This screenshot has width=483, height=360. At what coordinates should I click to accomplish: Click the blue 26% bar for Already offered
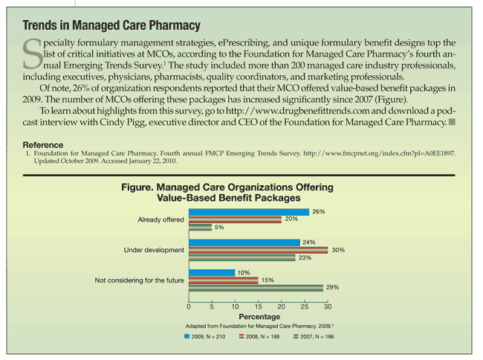pyautogui.click(x=249, y=211)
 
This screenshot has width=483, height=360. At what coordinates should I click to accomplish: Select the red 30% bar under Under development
pyautogui.click(x=259, y=250)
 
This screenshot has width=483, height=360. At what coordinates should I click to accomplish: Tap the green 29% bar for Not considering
pyautogui.click(x=256, y=287)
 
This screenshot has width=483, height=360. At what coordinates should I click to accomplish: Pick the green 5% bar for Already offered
pyautogui.click(x=201, y=227)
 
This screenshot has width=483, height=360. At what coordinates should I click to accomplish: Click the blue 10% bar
pyautogui.click(x=212, y=272)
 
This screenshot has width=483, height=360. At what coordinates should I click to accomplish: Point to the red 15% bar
pyautogui.click(x=224, y=280)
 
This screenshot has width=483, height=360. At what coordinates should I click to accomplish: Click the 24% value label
pyautogui.click(x=310, y=242)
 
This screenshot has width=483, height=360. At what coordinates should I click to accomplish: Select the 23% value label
pyautogui.click(x=305, y=257)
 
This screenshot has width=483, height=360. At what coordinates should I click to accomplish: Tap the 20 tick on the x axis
pyautogui.click(x=282, y=306)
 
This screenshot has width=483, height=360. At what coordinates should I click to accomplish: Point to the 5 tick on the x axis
pyautogui.click(x=213, y=306)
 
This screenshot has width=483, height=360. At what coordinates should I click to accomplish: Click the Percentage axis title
pyautogui.click(x=259, y=316)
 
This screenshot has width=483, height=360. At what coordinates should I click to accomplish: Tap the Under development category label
pyautogui.click(x=154, y=250)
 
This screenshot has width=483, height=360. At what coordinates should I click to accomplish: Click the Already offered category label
pyautogui.click(x=161, y=219)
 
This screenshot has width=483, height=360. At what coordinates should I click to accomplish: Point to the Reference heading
pyautogui.click(x=43, y=144)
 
